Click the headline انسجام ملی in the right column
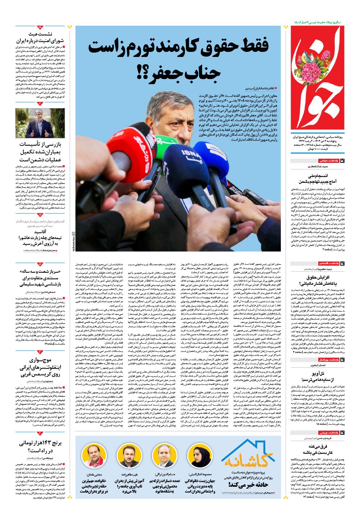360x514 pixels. [x=318, y=176]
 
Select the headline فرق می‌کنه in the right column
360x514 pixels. [x=318, y=446]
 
